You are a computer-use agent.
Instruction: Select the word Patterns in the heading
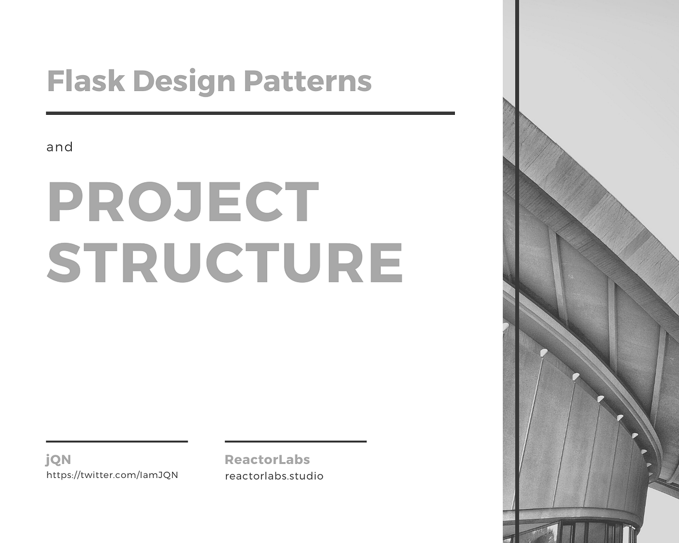coord(308,81)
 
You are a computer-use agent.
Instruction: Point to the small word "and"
coord(60,147)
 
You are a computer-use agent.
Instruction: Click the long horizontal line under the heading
coord(250,113)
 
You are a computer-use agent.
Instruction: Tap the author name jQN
coord(58,459)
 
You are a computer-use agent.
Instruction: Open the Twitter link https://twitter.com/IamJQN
coord(112,475)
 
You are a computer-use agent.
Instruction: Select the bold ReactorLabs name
coord(267,459)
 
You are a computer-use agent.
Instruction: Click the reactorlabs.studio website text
coord(274,476)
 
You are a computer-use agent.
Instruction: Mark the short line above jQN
coord(117,441)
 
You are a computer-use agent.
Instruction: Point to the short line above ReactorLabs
coord(295,441)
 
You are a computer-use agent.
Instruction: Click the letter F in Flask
coord(55,81)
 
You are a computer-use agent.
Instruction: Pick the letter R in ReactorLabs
coord(230,459)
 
